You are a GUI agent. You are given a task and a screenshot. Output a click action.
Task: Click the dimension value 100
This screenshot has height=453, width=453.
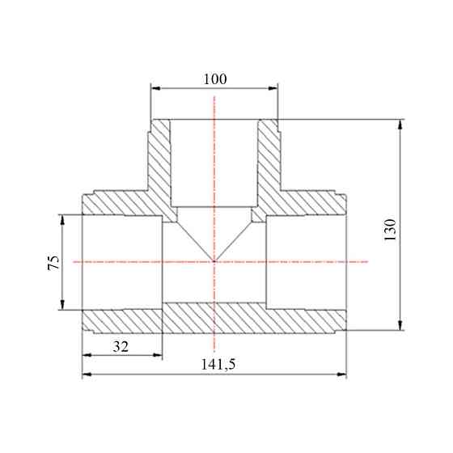coord(215,79)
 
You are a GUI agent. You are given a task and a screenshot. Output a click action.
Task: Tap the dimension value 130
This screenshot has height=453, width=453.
coord(390,230)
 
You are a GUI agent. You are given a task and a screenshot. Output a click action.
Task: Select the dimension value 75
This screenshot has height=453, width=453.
coord(53,262)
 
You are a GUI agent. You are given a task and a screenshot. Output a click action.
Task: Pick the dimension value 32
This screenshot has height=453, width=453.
coord(121,347)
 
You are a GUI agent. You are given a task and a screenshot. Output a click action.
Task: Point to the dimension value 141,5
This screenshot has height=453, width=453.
coord(218,364)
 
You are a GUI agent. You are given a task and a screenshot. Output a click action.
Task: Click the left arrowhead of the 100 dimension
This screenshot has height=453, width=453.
coord(156,88)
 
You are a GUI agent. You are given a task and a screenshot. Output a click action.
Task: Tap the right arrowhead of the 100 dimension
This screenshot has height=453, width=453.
coord(273,88)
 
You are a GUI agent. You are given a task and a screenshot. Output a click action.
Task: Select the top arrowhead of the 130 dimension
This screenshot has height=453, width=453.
coord(400,125)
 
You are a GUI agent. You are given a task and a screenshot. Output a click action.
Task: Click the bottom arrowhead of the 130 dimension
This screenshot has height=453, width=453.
coord(400,325)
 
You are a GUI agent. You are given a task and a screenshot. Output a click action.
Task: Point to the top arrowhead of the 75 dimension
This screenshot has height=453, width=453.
coord(62,219)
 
